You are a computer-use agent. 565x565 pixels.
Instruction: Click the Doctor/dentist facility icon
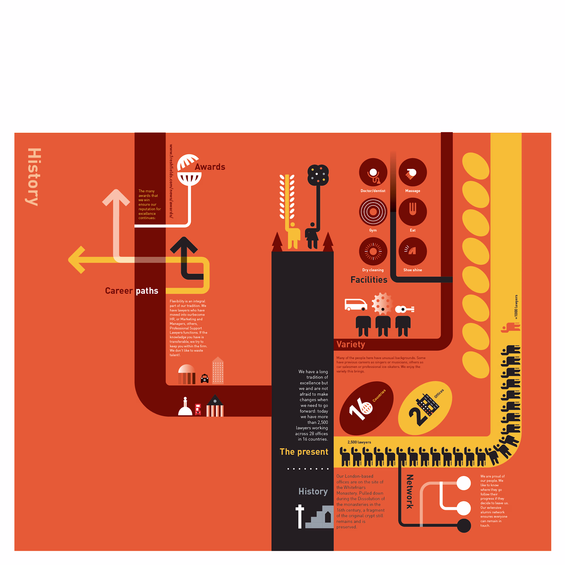(373, 172)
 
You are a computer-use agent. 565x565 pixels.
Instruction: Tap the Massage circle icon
(413, 172)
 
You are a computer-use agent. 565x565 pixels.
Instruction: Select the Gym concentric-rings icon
(373, 212)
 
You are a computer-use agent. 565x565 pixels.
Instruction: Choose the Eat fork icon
(413, 212)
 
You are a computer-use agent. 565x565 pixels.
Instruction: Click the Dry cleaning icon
(373, 251)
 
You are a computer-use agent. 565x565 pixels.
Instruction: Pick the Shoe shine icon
(413, 251)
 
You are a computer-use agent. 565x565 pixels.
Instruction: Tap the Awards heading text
(210, 167)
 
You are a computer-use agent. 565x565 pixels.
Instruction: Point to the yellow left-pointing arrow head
(77, 260)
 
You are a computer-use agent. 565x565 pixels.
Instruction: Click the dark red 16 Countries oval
(367, 408)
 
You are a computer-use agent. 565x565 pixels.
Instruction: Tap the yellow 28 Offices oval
(425, 408)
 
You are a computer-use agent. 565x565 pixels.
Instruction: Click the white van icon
(356, 305)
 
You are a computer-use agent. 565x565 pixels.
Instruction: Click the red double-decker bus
(198, 409)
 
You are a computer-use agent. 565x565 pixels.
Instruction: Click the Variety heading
(351, 344)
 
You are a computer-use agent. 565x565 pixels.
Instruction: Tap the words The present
(304, 452)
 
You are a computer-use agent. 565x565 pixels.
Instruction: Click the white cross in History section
(300, 517)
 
